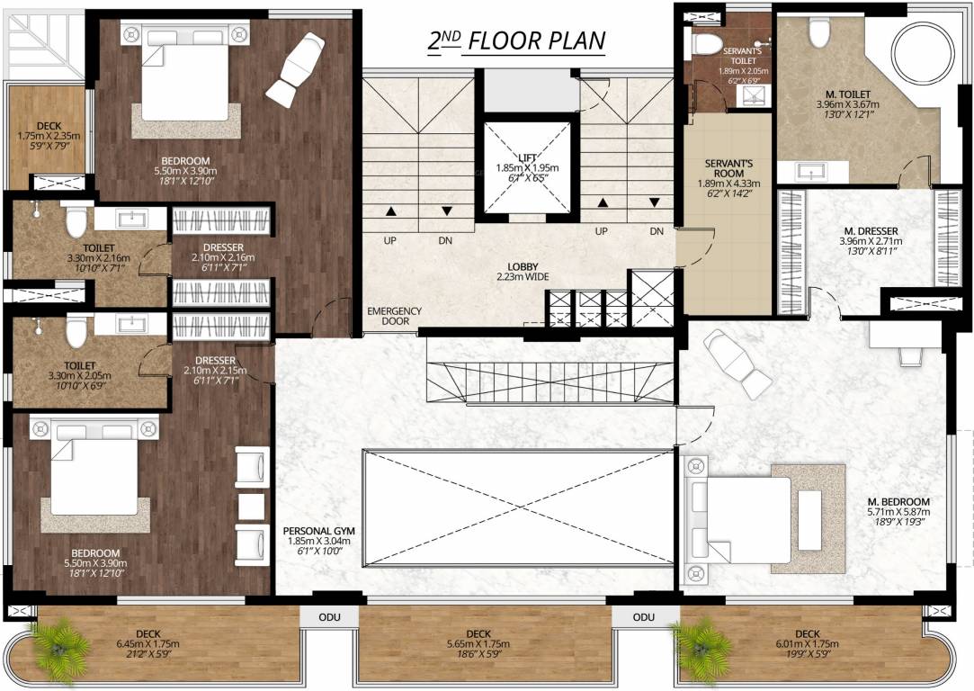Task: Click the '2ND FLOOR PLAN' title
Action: tap(515, 40)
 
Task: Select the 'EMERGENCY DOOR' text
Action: tap(394, 316)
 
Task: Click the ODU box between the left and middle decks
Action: tap(327, 617)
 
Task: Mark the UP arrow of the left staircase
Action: tap(391, 212)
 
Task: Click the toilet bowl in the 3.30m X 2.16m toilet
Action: tap(76, 220)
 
